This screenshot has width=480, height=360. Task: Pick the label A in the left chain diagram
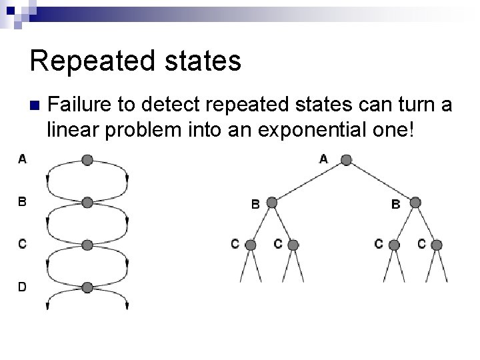[x=23, y=159]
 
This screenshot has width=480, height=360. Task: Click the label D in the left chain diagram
[x=23, y=287]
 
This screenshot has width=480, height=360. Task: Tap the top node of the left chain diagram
[x=87, y=160]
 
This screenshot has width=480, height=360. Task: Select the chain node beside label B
[x=87, y=203]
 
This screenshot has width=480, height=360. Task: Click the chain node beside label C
[x=87, y=245]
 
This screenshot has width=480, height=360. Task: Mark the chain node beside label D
[x=87, y=287]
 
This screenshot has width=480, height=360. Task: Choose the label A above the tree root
[x=324, y=159]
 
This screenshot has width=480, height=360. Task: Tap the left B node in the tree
[x=273, y=203]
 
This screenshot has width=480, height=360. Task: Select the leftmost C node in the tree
[x=251, y=245]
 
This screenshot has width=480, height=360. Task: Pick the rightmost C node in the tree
[x=437, y=245]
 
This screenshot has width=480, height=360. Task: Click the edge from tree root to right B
[x=381, y=181]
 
